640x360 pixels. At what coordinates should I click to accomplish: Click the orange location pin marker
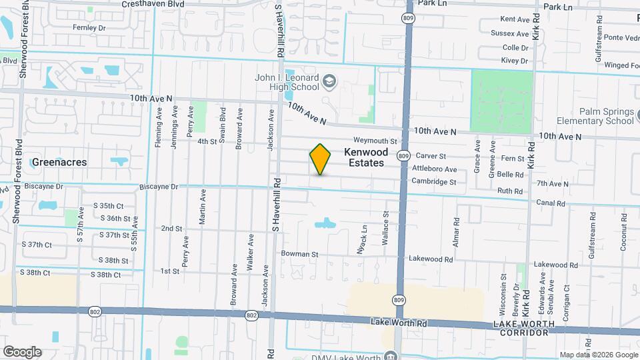(x=320, y=159)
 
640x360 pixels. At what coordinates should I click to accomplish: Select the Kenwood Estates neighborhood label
(x=365, y=157)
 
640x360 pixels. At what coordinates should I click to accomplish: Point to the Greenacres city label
(x=59, y=162)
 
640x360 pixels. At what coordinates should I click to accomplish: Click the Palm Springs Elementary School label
(x=597, y=116)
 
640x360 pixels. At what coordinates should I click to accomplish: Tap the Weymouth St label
(x=375, y=141)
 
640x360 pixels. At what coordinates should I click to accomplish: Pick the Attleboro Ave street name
(x=434, y=169)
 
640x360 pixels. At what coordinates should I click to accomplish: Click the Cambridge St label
(x=433, y=181)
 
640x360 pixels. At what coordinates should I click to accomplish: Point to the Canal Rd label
(x=551, y=203)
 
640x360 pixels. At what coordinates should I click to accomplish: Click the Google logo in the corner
(x=22, y=351)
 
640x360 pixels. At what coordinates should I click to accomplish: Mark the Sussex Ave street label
(x=509, y=33)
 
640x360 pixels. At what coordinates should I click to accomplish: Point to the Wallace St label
(x=385, y=229)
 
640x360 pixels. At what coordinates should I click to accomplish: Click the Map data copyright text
(x=598, y=355)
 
